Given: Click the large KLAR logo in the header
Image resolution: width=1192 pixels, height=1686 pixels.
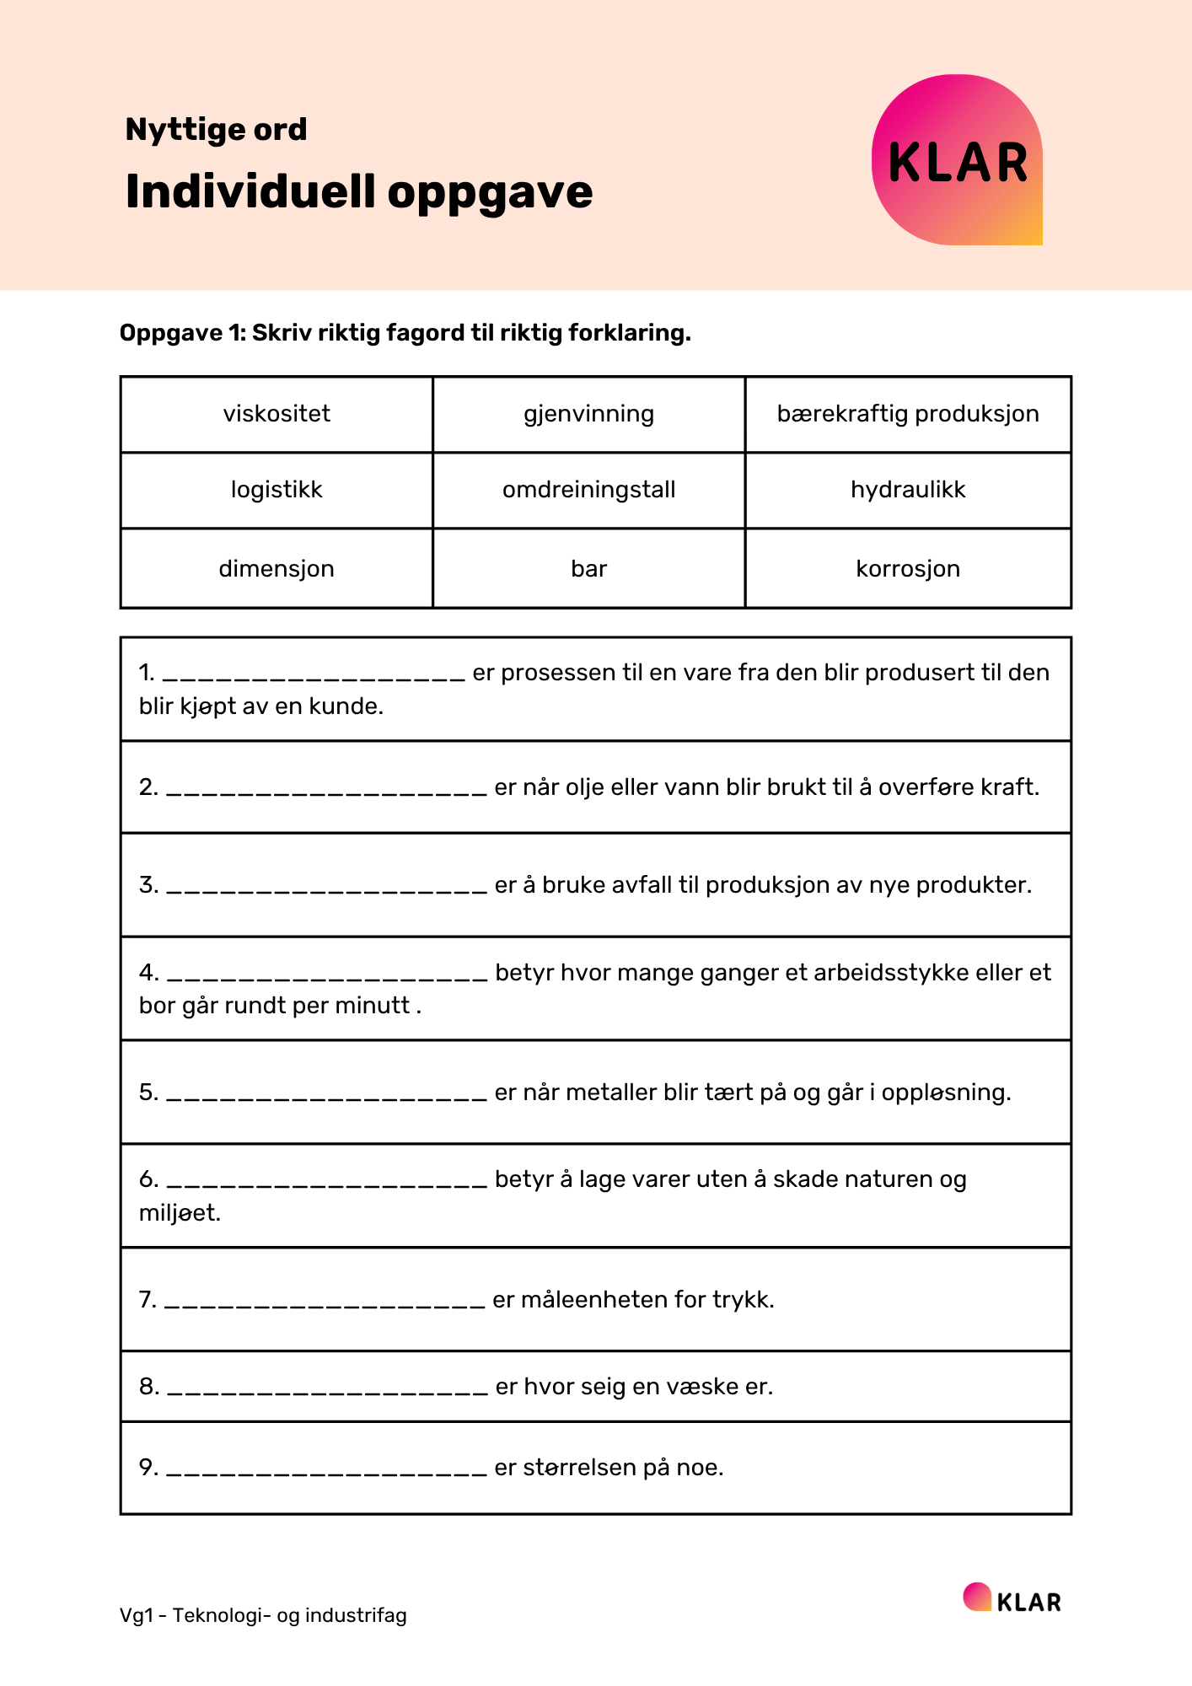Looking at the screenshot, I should coord(958,160).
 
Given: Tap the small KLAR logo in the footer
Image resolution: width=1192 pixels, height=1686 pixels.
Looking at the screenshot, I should coord(1012,1599).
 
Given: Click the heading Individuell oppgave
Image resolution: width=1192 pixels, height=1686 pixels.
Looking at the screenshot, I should coord(359,191).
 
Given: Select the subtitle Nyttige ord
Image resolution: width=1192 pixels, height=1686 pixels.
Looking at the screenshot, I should coord(216,130).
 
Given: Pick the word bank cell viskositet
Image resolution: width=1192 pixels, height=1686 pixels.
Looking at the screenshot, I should coord(277,414).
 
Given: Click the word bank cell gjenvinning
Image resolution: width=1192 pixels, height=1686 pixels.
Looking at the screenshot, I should coord(588,414).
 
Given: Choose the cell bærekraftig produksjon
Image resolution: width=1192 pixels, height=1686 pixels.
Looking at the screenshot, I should coord(908,414).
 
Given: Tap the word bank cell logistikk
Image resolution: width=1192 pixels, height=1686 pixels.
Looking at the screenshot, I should coord(277,490).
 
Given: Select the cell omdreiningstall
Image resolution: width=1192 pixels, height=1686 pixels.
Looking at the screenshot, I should coord(588,490).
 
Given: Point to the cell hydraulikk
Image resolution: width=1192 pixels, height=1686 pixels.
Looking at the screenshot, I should coord(908,490).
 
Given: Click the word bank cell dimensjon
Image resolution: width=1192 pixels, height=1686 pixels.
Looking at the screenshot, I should coord(277,569).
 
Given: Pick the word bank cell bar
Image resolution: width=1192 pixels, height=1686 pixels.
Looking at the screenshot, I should coord(588,569).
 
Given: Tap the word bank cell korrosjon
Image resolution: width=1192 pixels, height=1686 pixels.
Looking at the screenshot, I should coord(908,569).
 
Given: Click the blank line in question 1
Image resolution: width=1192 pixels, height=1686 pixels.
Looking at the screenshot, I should coord(314,674).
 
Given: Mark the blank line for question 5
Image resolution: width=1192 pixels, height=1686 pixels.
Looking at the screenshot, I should coord(327,1094).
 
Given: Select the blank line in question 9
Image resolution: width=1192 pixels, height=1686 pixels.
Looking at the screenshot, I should coord(327,1469).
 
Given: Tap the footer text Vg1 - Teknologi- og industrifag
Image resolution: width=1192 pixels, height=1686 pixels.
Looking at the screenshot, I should coord(263,1615).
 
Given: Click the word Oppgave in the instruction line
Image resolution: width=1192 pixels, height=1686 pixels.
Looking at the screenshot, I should coord(171,334).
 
